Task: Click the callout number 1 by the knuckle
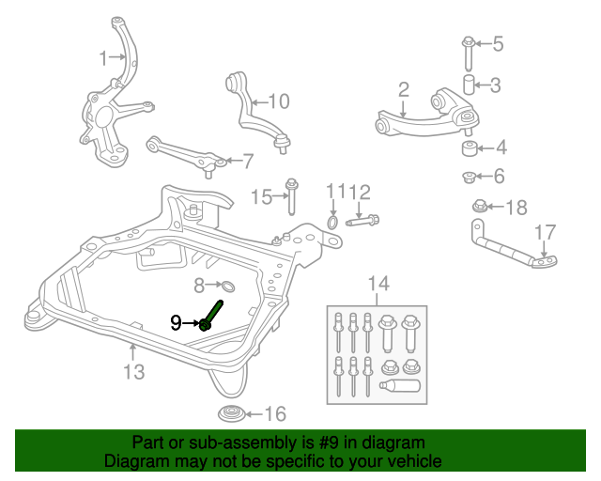tap(103, 59)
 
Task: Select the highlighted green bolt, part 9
tap(211, 315)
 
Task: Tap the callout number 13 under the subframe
tap(133, 372)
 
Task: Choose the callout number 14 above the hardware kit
tap(378, 283)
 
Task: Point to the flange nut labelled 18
tap(478, 206)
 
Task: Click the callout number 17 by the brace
tap(545, 232)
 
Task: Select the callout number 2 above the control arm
tap(403, 90)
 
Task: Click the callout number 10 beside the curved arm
tap(280, 101)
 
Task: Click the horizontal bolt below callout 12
tap(362, 223)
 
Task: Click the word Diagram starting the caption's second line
tap(137, 461)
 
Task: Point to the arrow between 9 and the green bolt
tap(191, 323)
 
